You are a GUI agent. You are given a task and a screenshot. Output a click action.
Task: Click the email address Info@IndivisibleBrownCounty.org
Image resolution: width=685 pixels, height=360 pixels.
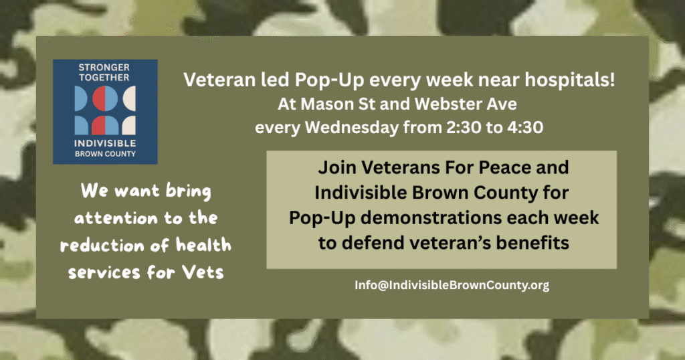(x=452, y=285)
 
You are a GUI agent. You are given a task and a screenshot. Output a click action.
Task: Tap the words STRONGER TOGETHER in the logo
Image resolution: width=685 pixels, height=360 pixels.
(x=104, y=72)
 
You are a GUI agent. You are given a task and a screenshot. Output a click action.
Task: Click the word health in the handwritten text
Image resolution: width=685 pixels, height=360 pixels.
(x=199, y=246)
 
